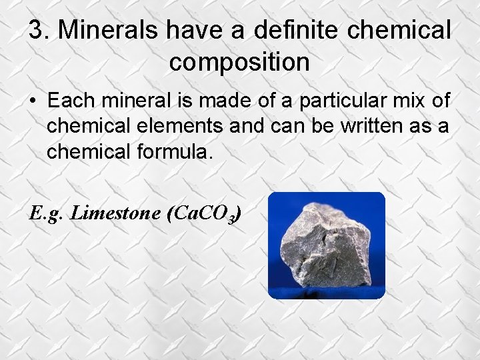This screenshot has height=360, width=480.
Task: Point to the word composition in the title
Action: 239,62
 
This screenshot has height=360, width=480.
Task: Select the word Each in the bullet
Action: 69,101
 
